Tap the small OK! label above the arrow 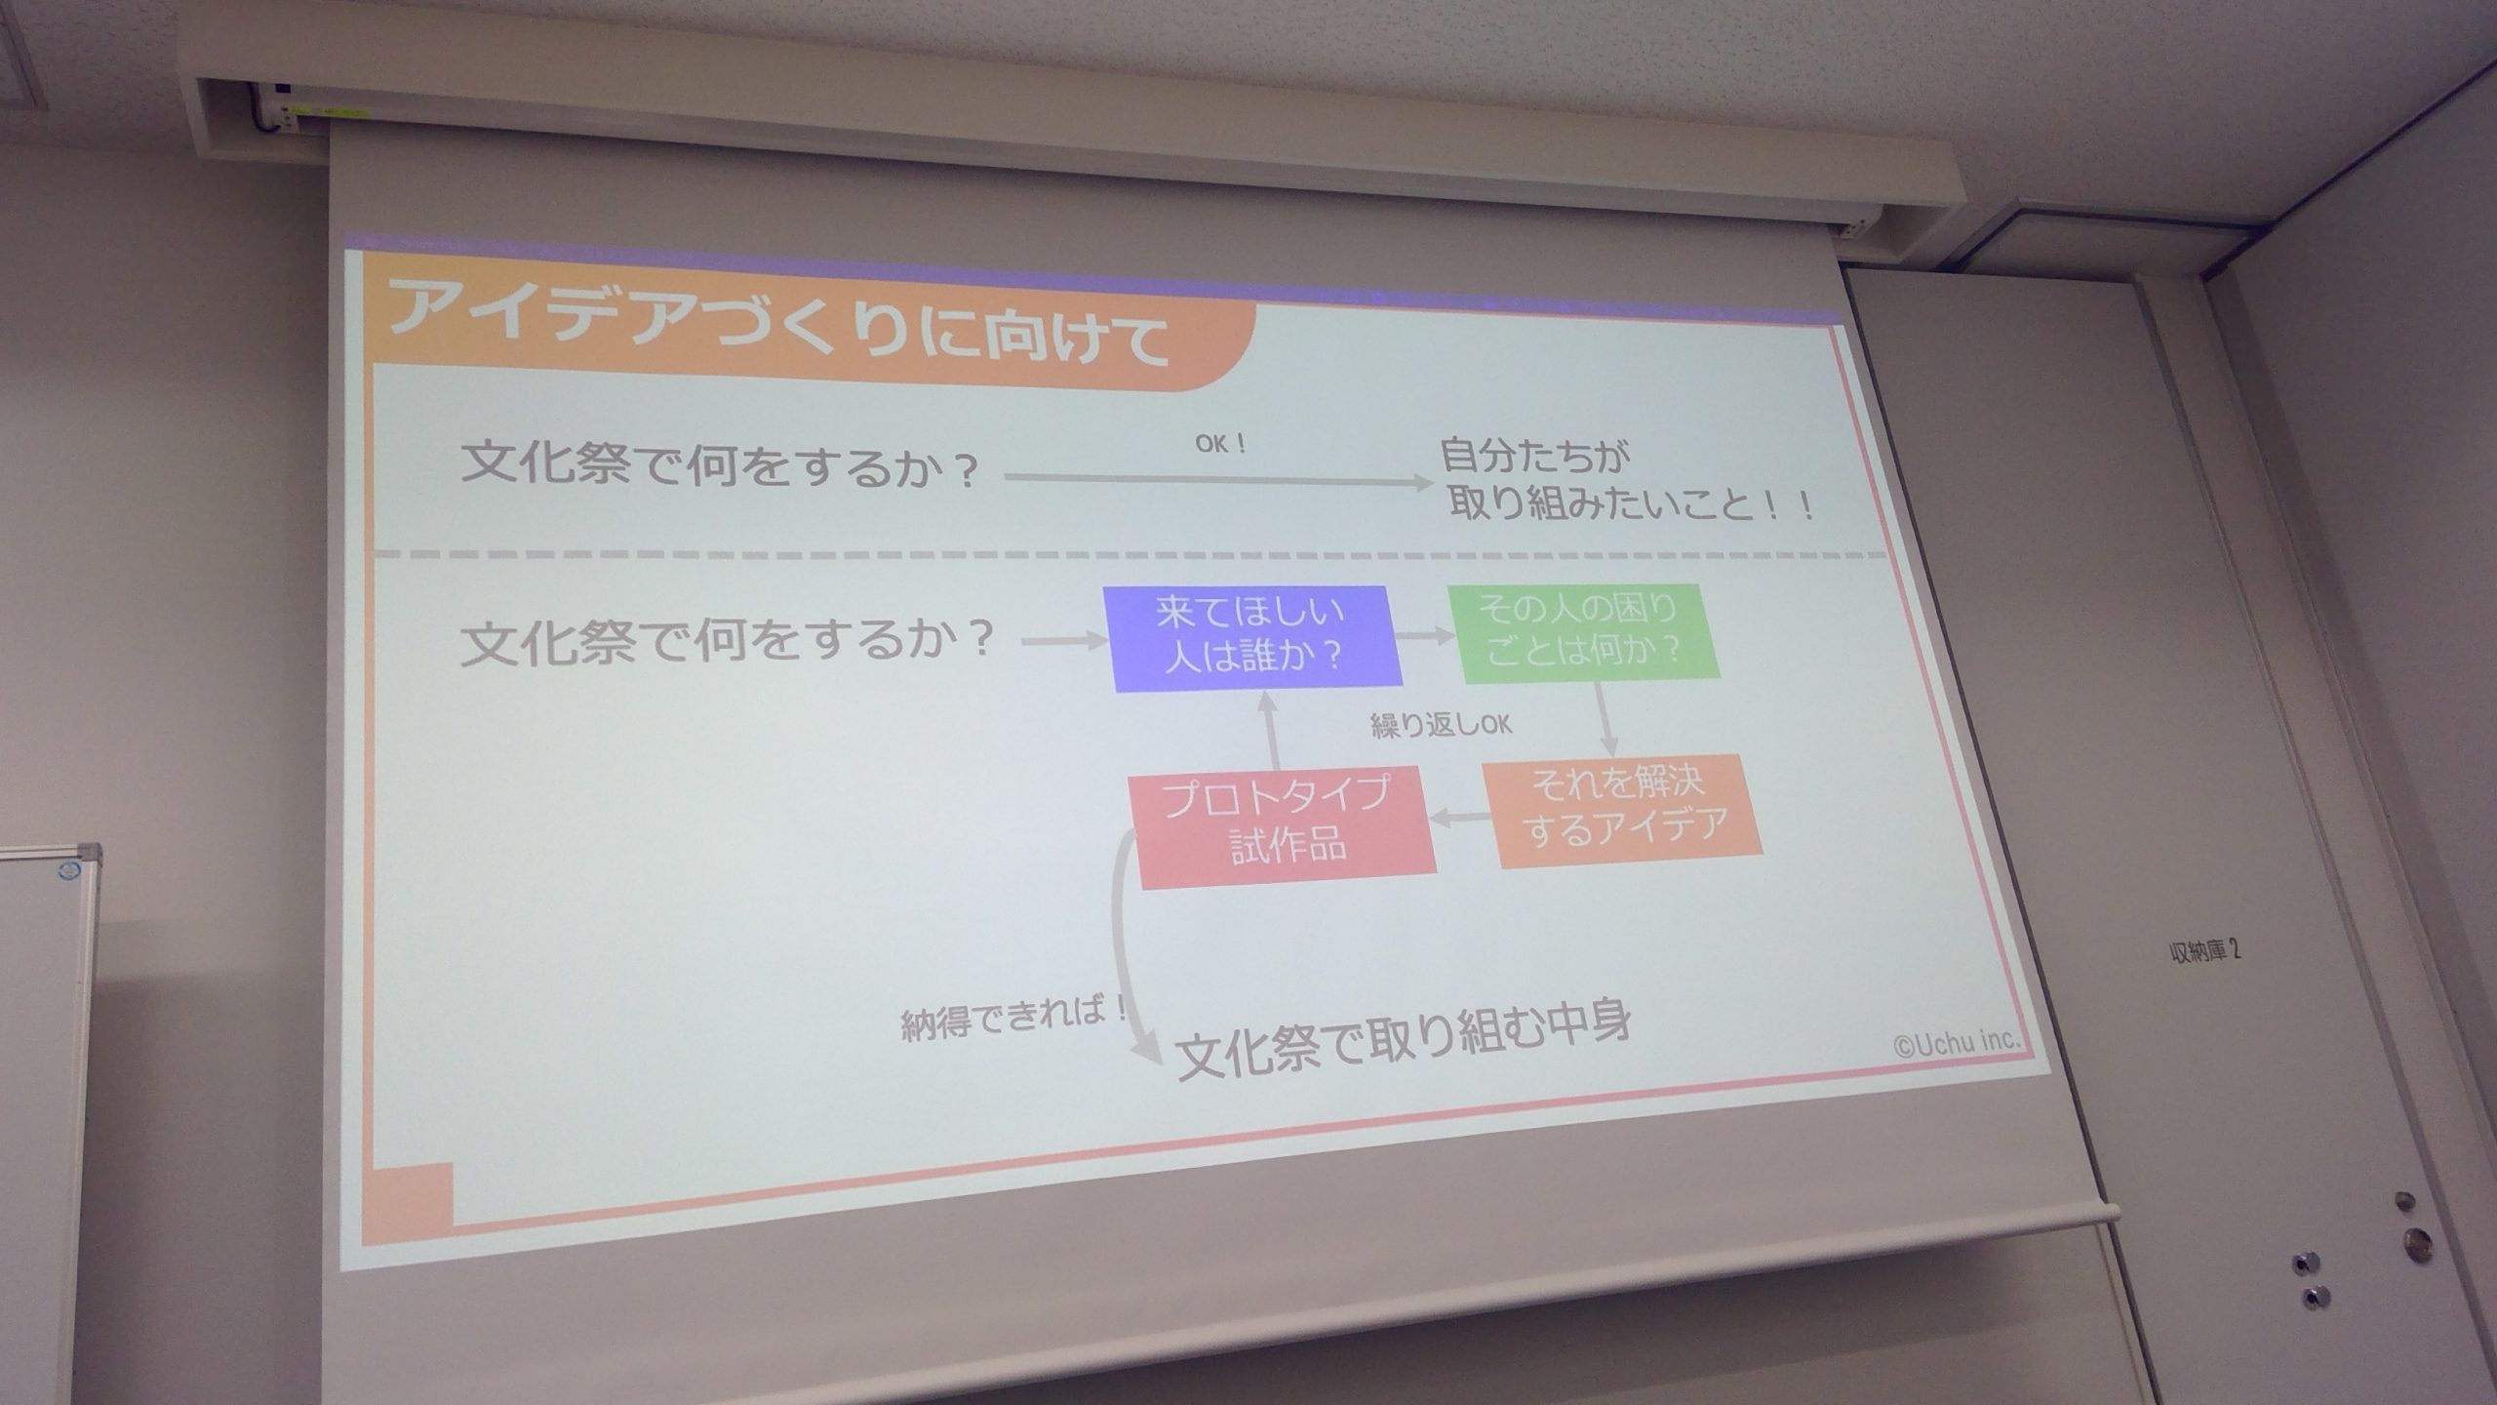[1221, 444]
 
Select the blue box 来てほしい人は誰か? [1252, 638]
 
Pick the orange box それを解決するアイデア [1624, 811]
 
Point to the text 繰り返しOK [1441, 725]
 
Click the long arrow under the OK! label [1218, 480]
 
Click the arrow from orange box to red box [1460, 818]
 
